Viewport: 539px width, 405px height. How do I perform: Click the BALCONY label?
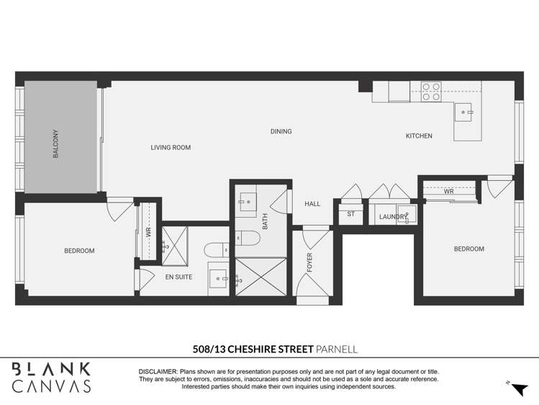[55, 143]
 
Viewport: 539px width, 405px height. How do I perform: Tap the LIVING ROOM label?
[171, 148]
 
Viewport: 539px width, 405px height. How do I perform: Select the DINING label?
[281, 132]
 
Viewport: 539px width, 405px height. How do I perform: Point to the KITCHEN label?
[419, 136]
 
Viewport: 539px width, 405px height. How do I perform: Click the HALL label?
[312, 204]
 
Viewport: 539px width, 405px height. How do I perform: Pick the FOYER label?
[310, 262]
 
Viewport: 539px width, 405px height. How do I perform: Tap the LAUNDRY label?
[394, 216]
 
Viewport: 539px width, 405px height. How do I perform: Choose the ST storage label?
[351, 214]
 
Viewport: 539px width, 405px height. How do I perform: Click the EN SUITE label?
[178, 277]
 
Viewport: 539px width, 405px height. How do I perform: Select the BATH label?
[265, 221]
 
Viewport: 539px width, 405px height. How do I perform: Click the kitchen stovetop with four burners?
[431, 92]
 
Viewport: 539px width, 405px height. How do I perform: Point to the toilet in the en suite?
[216, 250]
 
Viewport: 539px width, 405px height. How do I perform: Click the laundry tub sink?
[407, 214]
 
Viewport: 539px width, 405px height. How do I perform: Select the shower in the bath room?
[260, 276]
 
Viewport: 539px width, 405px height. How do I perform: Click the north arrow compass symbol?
[517, 388]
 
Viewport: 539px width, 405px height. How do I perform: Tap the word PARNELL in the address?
[337, 350]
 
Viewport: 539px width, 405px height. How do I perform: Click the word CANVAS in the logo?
[52, 386]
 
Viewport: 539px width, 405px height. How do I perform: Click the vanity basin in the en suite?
[219, 277]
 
